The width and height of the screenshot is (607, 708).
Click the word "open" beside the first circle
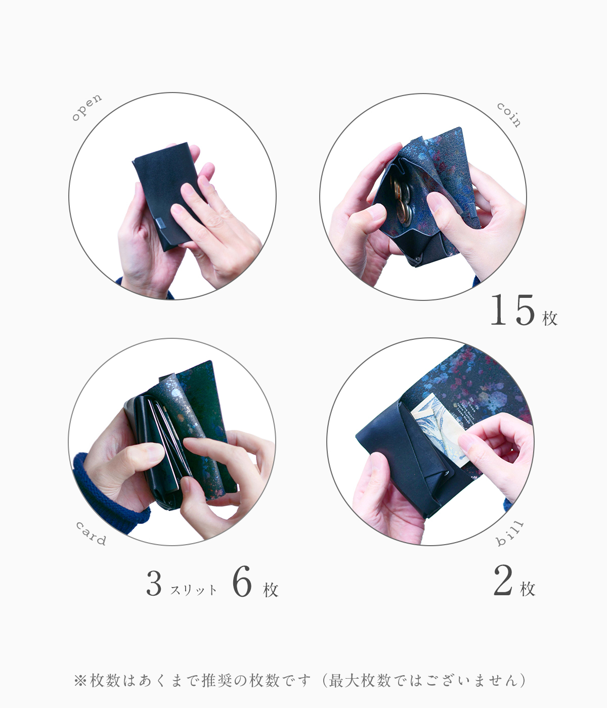tap(86, 108)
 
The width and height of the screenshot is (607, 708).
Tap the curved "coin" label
tap(509, 115)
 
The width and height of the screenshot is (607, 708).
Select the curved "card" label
tap(91, 534)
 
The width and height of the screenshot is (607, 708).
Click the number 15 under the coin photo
tap(512, 311)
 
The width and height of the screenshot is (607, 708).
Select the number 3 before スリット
tap(154, 583)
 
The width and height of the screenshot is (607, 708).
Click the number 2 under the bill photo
tap(503, 581)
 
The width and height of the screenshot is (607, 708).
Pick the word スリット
tap(194, 590)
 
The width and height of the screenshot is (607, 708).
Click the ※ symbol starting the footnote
tap(80, 681)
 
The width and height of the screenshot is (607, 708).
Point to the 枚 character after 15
tap(550, 318)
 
